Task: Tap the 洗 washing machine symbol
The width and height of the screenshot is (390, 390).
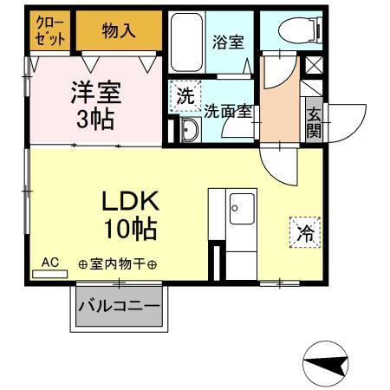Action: (x=187, y=95)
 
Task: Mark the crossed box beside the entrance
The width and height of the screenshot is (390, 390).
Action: (x=313, y=65)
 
